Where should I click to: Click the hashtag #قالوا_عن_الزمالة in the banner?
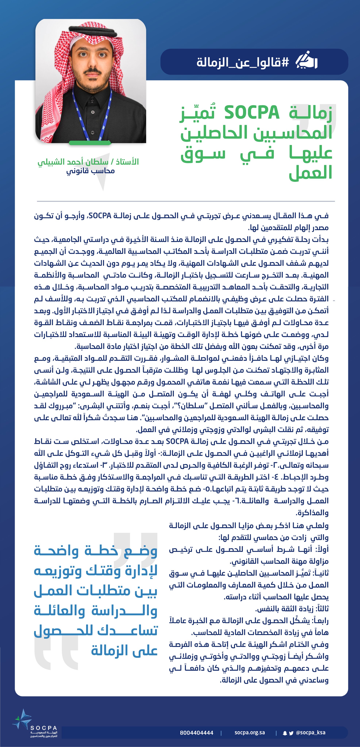point(243,62)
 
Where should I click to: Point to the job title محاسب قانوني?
point(91,171)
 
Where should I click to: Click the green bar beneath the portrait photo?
point(90,143)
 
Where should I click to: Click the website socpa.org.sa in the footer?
point(249,732)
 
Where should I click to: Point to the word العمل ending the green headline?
point(310,173)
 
